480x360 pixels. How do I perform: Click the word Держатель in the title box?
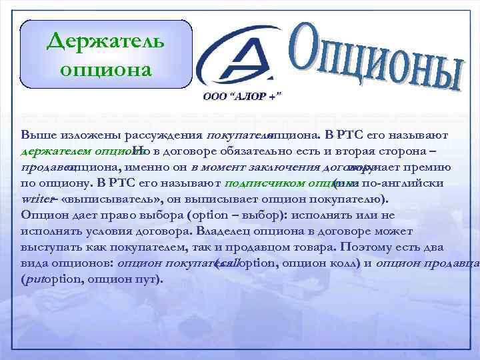click(x=106, y=43)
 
